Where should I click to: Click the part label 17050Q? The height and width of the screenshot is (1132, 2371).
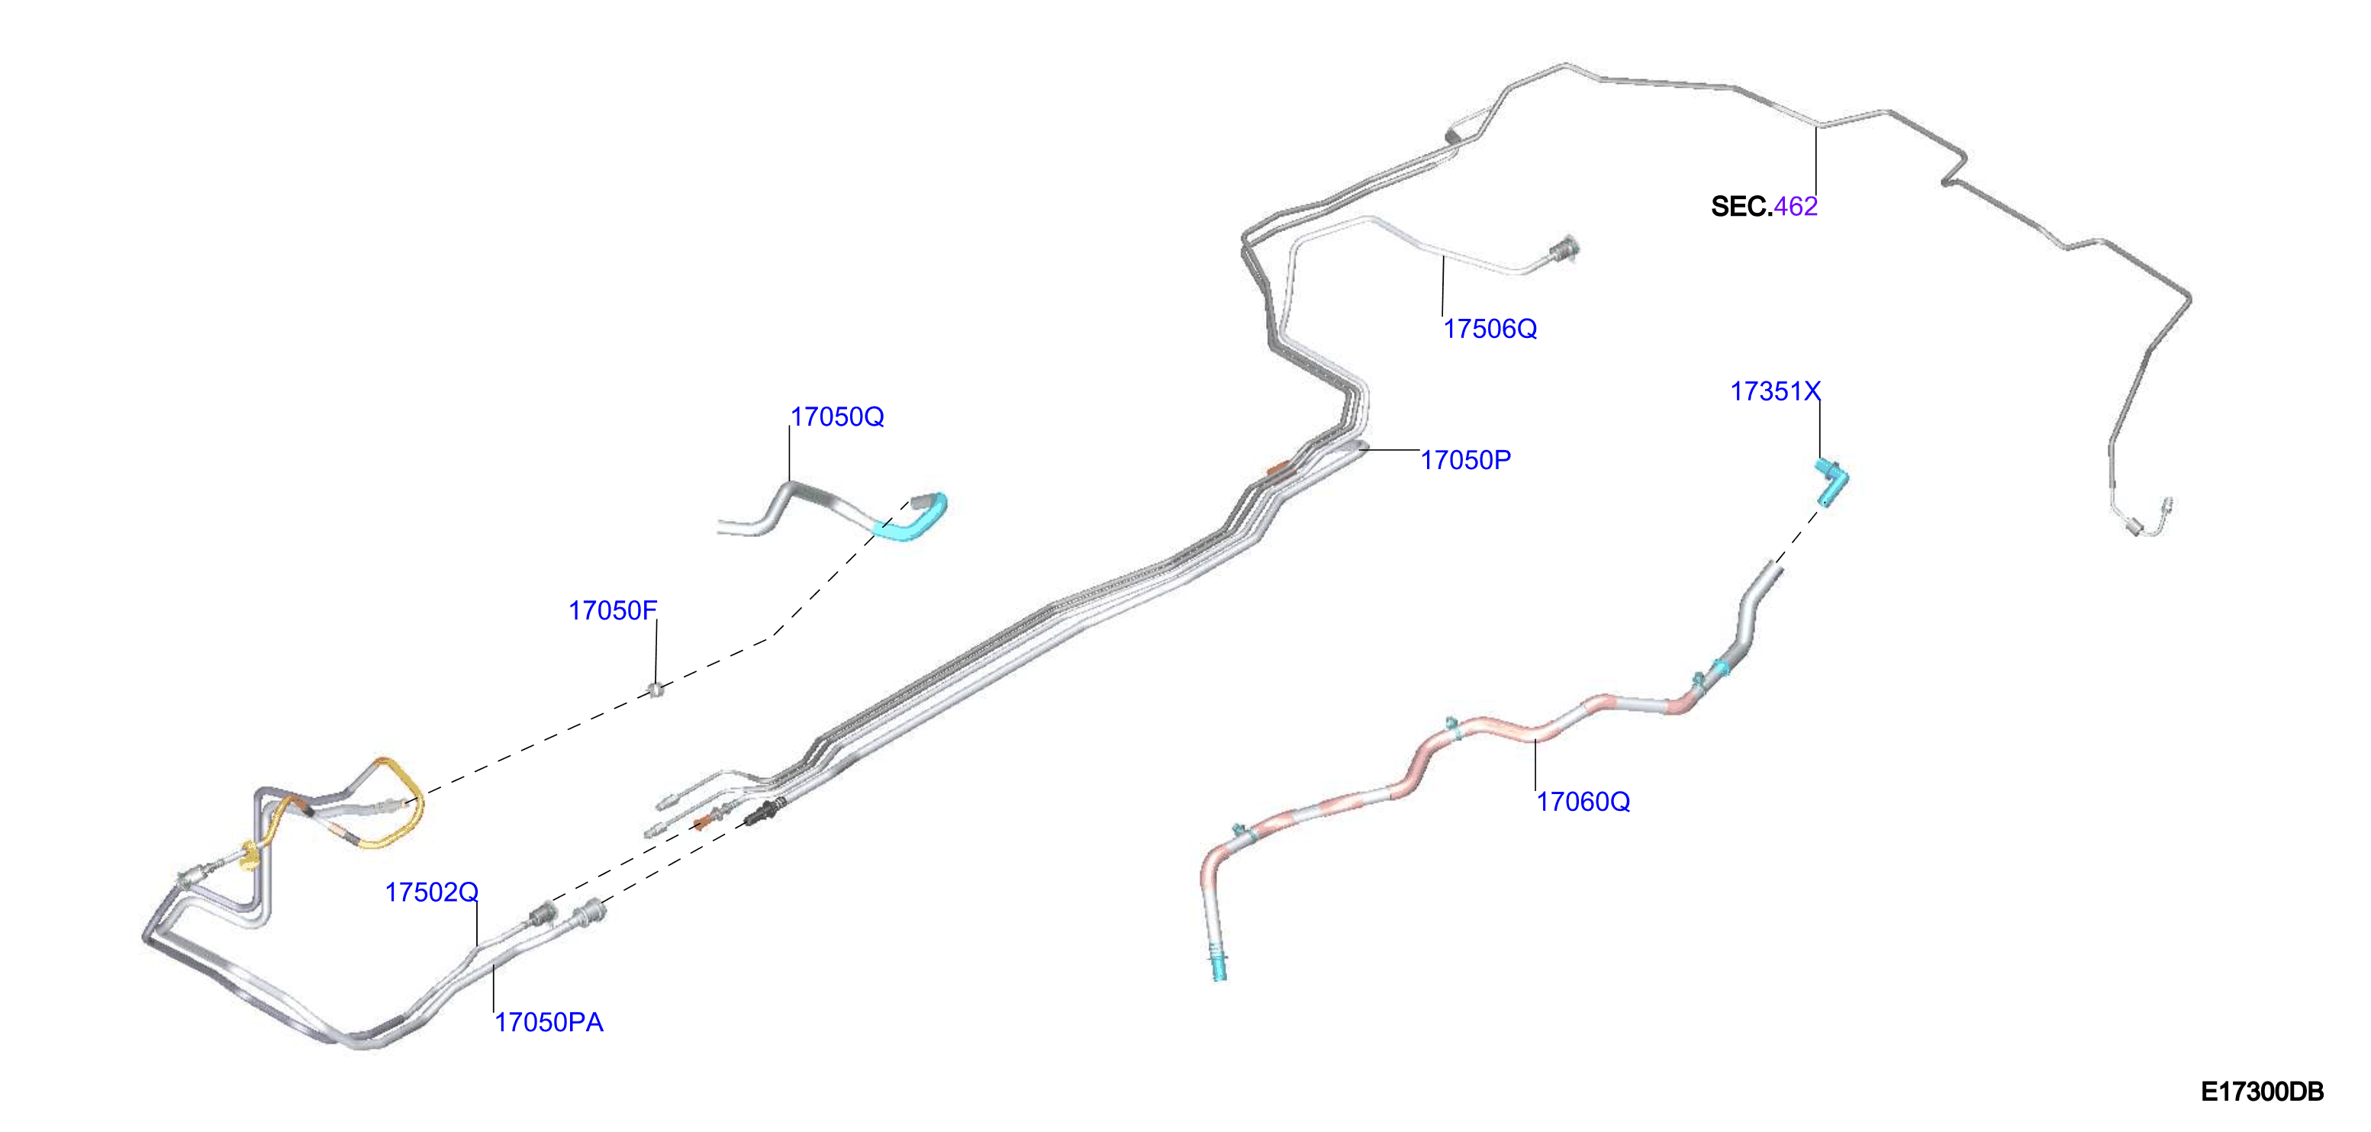click(x=836, y=417)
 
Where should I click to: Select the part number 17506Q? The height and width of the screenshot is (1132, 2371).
click(x=1490, y=329)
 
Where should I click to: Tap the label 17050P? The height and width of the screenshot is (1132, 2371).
click(x=1465, y=460)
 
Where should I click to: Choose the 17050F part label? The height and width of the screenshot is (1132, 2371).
click(x=613, y=610)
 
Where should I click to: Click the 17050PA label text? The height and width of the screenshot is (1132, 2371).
click(x=549, y=1021)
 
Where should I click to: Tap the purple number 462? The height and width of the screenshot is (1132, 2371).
click(x=1796, y=206)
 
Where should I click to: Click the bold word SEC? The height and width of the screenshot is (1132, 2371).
click(x=1741, y=206)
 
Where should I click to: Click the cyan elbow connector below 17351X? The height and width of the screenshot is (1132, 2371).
click(x=1831, y=482)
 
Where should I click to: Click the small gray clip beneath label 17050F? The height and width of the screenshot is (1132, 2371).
click(x=656, y=690)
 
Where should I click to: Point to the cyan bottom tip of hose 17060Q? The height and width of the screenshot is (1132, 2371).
click(x=1219, y=967)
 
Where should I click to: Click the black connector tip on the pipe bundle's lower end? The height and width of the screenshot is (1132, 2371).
click(x=763, y=814)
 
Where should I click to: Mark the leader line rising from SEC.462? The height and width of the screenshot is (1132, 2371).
click(x=1816, y=160)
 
